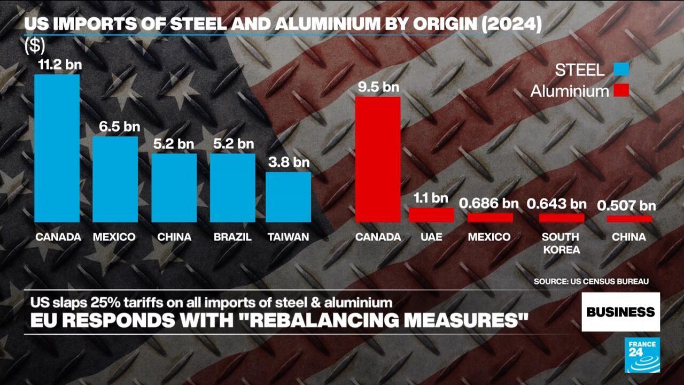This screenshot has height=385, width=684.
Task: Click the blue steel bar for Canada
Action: pos(57,148)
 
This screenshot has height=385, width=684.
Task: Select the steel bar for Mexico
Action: pos(115,179)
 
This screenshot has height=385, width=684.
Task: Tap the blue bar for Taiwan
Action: pos(288,197)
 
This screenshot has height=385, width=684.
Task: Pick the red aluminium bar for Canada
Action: pos(378,159)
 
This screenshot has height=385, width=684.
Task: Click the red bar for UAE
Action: pos(431,215)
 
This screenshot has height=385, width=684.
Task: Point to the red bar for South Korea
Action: pos(561,218)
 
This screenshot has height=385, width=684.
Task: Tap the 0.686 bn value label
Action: pos(489,203)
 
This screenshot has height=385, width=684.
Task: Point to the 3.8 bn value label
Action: pos(288,161)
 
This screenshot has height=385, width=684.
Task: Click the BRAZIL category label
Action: pos(232,237)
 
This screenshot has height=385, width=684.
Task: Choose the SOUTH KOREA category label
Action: pos(561,243)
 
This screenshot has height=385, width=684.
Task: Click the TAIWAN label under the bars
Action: pos(288,237)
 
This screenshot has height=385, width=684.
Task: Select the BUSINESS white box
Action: pos(620,312)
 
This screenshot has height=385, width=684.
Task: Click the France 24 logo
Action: pos(642,355)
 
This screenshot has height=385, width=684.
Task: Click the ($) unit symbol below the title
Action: pos(35,46)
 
